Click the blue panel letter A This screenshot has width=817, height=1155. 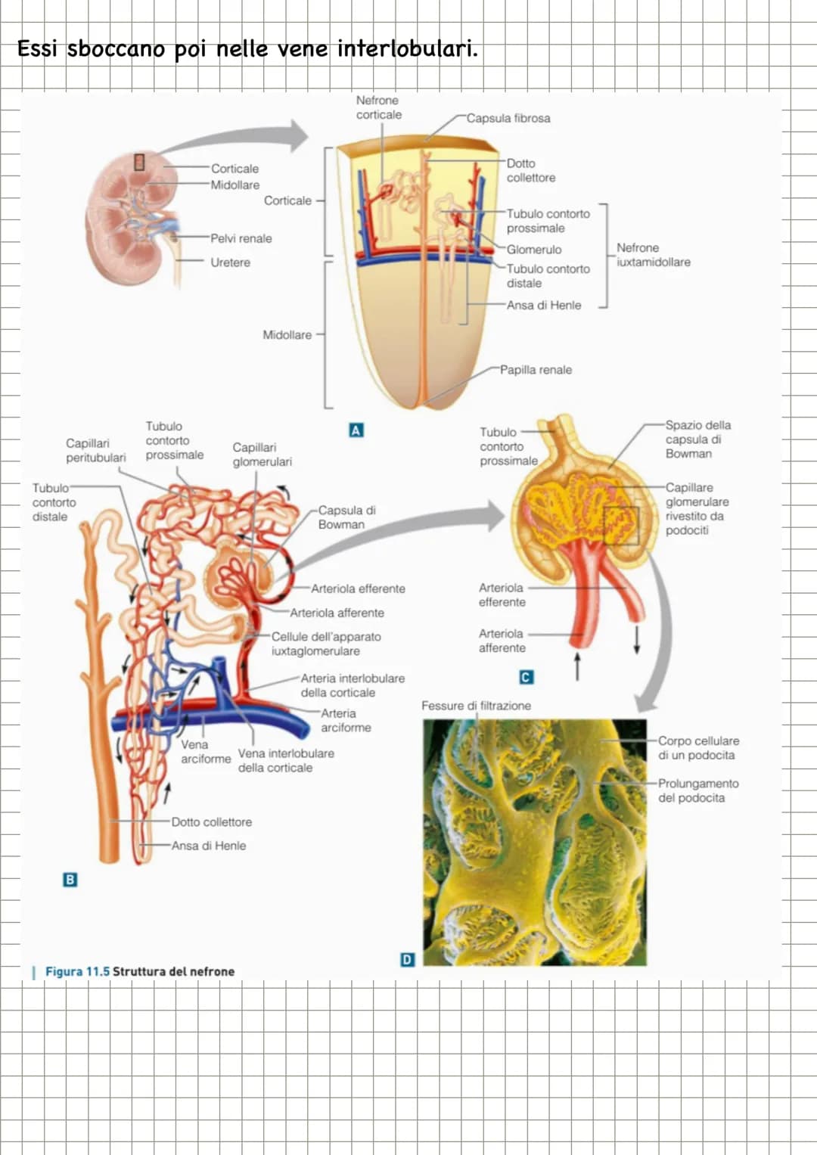point(356,430)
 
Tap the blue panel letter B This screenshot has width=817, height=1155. point(70,880)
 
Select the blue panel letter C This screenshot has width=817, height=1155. point(526,677)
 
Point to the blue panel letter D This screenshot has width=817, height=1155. point(408,960)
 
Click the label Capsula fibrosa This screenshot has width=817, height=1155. point(508,118)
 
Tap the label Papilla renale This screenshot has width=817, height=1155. point(536,370)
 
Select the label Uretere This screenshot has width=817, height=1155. point(230,262)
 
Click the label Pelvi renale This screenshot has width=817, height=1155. point(241,238)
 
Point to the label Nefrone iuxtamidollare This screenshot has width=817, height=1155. point(654,255)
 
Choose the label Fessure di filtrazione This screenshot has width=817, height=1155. point(476,706)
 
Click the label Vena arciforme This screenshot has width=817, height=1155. point(205,752)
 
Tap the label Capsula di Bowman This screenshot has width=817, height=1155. point(346,517)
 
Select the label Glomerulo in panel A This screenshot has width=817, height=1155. point(534,250)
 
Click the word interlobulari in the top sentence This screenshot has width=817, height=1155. point(408,49)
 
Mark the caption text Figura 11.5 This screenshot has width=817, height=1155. point(77,971)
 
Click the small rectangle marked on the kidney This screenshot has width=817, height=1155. point(138,162)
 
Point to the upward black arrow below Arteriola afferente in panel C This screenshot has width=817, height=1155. point(577,666)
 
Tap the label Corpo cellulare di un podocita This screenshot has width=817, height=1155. point(698,747)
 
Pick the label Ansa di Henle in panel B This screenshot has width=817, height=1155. point(208,846)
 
